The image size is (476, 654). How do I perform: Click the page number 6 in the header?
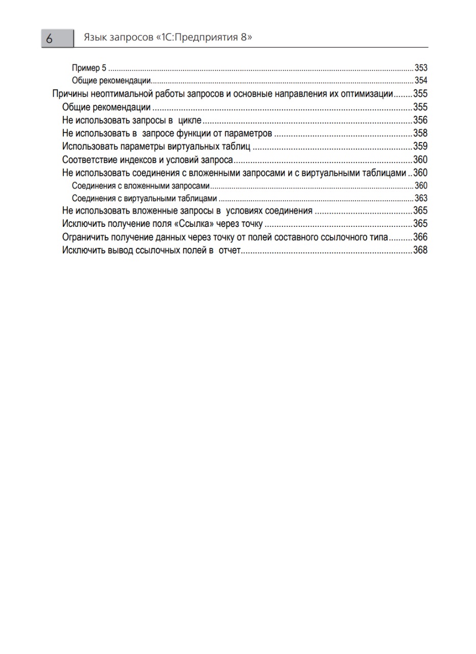point(50,39)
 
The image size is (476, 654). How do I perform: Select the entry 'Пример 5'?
point(89,68)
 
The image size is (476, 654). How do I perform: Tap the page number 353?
point(421,68)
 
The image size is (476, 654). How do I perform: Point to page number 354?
point(421,81)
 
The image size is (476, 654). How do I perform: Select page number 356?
point(420,120)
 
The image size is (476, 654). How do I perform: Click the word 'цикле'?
point(189,121)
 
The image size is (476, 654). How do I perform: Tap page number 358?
point(420,133)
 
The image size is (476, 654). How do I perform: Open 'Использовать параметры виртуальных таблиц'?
point(156,147)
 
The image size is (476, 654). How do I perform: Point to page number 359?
point(420,147)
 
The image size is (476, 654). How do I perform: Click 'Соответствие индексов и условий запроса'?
point(148,159)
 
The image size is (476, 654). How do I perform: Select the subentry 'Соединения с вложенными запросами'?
point(141,185)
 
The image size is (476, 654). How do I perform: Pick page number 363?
point(421,198)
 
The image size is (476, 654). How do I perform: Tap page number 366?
point(420,237)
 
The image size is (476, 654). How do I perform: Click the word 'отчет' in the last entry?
point(229,250)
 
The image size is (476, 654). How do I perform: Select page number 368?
point(420,250)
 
